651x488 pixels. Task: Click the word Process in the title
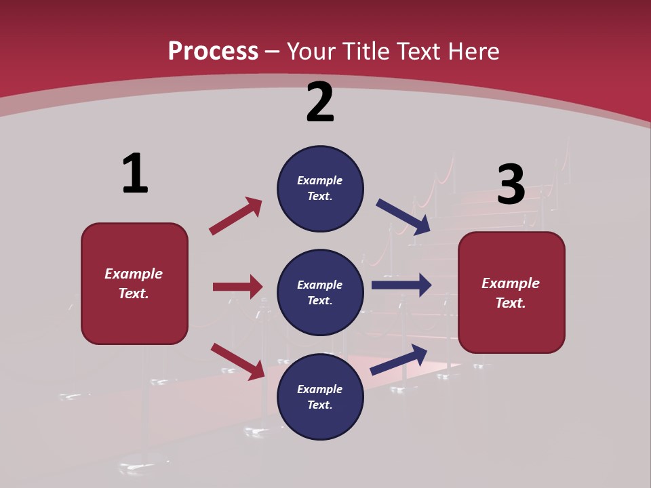pyautogui.click(x=213, y=51)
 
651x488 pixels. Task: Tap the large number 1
pyautogui.click(x=135, y=174)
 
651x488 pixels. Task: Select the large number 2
pyautogui.click(x=320, y=102)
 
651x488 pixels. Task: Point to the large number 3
pyautogui.click(x=511, y=185)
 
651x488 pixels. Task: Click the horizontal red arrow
pyautogui.click(x=238, y=287)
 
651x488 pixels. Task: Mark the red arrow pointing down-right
pyautogui.click(x=238, y=361)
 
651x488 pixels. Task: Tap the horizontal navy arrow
pyautogui.click(x=401, y=285)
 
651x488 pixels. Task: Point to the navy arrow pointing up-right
pyautogui.click(x=399, y=359)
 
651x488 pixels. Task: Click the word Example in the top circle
pyautogui.click(x=320, y=180)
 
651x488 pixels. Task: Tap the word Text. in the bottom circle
pyautogui.click(x=320, y=405)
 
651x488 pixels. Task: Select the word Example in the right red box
pyautogui.click(x=511, y=283)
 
